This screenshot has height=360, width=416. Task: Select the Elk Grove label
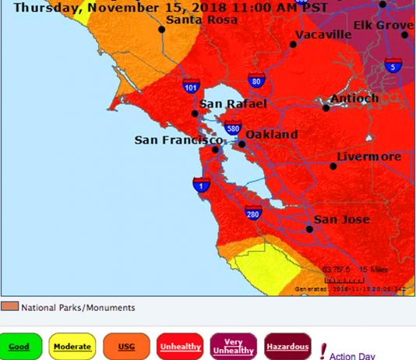click(383, 26)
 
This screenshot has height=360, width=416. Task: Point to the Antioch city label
click(354, 98)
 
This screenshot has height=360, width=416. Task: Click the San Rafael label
click(233, 104)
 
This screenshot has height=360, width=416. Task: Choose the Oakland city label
click(273, 135)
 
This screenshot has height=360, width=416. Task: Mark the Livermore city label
click(368, 157)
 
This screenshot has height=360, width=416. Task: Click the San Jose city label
click(342, 220)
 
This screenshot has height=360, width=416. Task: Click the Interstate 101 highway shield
click(191, 87)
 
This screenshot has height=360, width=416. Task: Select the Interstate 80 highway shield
click(255, 80)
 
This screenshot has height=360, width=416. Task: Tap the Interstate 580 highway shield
click(232, 129)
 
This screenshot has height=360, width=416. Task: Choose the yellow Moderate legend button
click(72, 346)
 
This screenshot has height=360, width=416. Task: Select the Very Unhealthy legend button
click(234, 346)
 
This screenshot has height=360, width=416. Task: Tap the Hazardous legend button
click(287, 346)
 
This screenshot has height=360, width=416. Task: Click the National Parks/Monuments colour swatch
click(9, 307)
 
